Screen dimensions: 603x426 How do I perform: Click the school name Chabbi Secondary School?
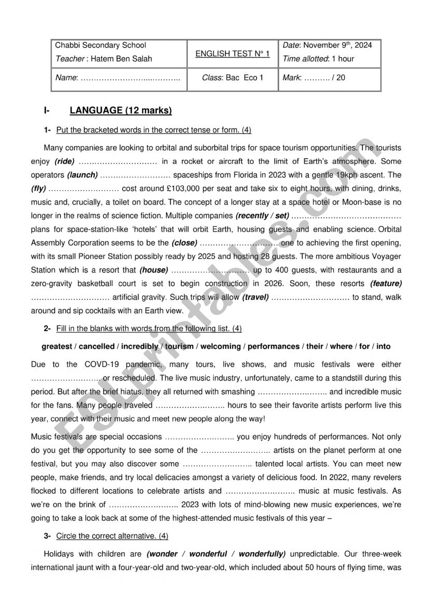click(101, 45)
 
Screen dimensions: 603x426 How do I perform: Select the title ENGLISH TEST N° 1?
click(232, 53)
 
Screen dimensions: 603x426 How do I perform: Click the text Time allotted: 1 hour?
click(319, 59)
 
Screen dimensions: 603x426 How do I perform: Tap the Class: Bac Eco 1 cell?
click(232, 77)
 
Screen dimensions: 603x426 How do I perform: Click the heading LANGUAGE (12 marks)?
click(120, 111)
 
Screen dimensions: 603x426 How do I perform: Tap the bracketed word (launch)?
click(83, 175)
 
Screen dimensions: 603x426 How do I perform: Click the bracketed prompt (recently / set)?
click(262, 216)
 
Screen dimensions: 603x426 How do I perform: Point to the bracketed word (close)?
click(184, 243)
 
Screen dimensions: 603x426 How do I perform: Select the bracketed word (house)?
click(154, 270)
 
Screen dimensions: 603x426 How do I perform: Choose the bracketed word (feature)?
click(386, 284)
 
